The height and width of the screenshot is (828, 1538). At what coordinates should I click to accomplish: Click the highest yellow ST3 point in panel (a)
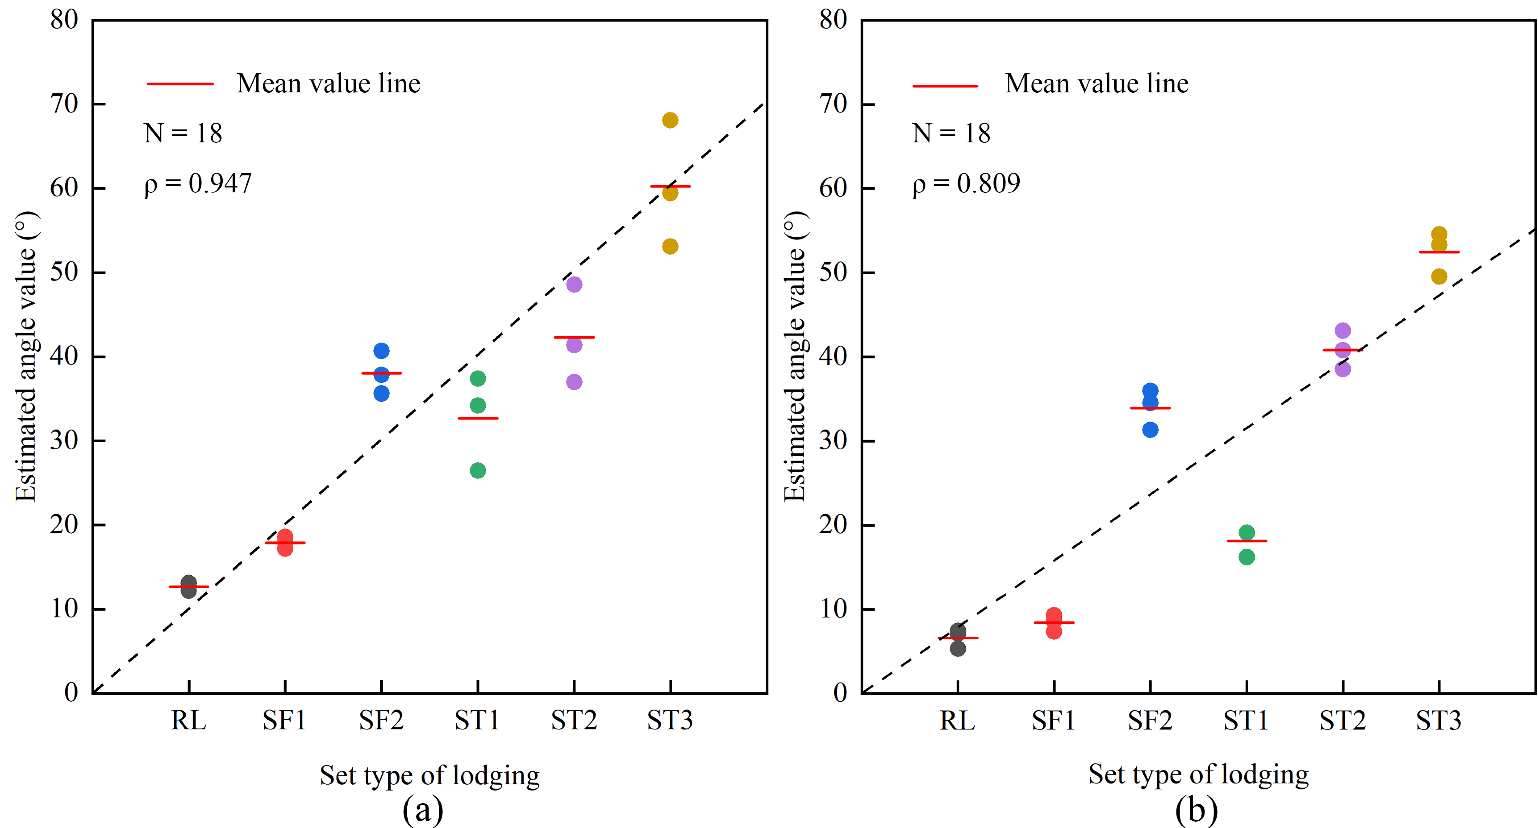click(670, 120)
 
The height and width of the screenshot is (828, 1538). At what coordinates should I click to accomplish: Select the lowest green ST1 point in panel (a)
click(478, 470)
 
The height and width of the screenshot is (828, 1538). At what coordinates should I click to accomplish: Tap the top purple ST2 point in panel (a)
click(574, 284)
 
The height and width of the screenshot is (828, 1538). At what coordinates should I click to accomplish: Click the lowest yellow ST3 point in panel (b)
click(1439, 276)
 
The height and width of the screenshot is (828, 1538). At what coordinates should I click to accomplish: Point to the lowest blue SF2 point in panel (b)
click(1150, 430)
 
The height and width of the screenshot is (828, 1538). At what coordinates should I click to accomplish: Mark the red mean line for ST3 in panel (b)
click(1439, 252)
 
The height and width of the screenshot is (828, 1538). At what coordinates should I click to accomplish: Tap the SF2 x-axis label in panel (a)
click(381, 721)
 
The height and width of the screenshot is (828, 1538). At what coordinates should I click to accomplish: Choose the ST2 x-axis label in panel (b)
click(1342, 721)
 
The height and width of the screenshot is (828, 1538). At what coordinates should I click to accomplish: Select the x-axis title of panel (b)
click(1198, 775)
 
